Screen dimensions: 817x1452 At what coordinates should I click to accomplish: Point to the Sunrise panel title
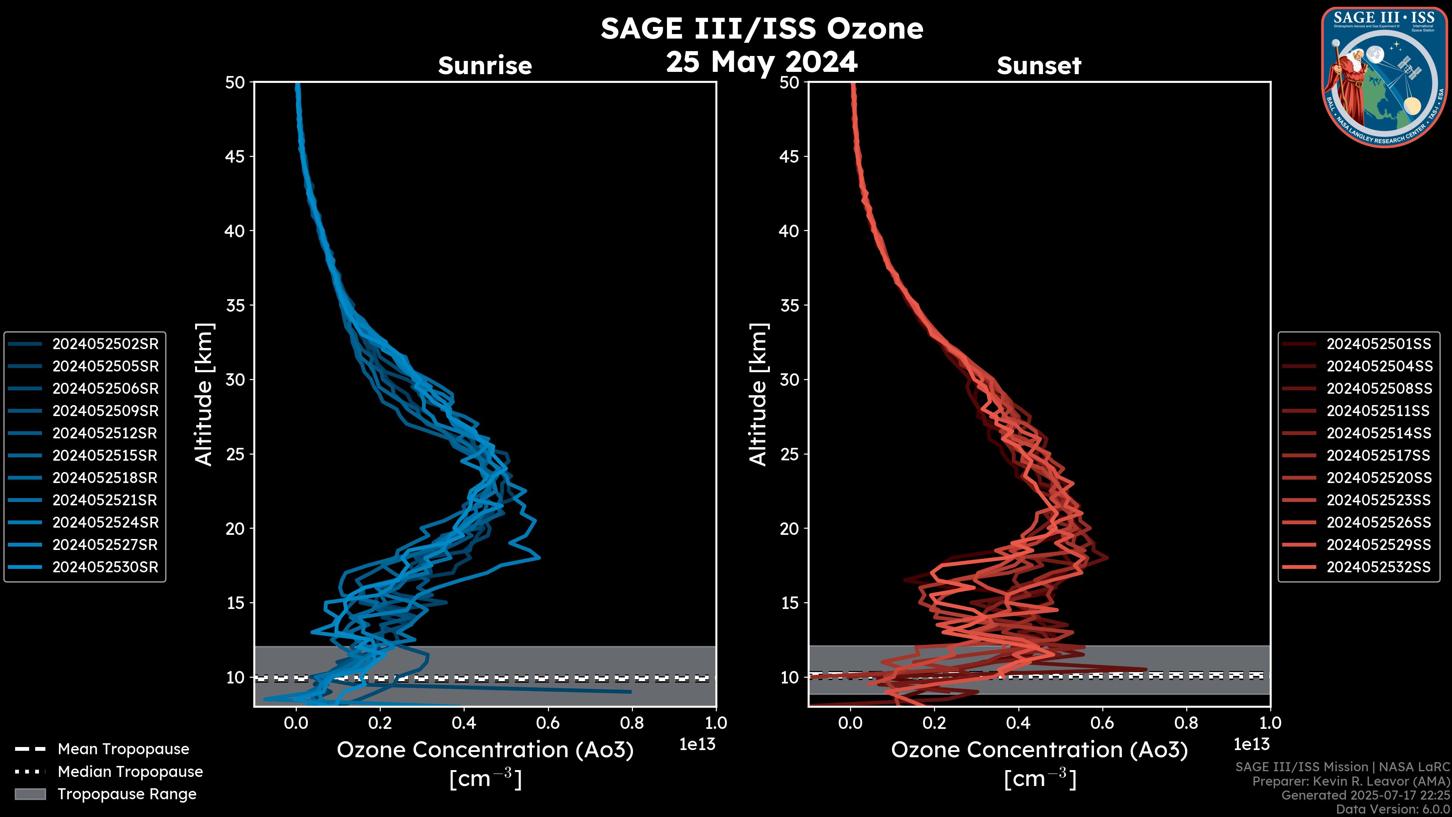pyautogui.click(x=485, y=66)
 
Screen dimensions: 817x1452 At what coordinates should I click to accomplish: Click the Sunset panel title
pyautogui.click(x=1039, y=66)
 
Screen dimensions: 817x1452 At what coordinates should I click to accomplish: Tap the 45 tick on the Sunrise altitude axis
pyautogui.click(x=235, y=157)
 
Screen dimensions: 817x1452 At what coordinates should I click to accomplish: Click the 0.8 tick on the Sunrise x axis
pyautogui.click(x=631, y=723)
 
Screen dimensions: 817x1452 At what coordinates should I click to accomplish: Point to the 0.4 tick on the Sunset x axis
pyautogui.click(x=1018, y=723)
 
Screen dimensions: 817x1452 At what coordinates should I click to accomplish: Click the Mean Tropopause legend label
pyautogui.click(x=123, y=749)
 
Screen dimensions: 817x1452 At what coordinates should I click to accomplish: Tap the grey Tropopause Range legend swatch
pyautogui.click(x=30, y=794)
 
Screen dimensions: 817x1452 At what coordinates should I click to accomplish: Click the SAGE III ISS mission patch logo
pyautogui.click(x=1384, y=77)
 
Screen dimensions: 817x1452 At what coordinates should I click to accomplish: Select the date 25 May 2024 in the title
pyautogui.click(x=762, y=62)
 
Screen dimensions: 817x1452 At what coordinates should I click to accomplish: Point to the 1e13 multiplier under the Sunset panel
pyautogui.click(x=1251, y=745)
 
